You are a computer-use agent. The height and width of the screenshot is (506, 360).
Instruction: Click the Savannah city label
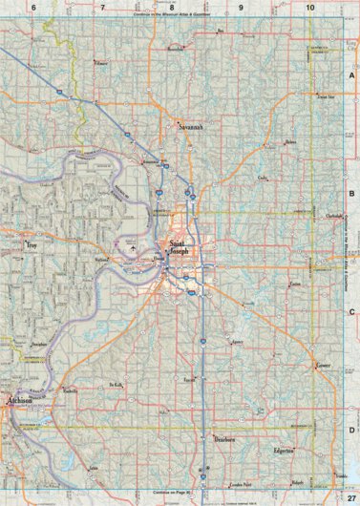coord(192,123)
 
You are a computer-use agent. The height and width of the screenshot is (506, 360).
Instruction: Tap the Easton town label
coord(294,284)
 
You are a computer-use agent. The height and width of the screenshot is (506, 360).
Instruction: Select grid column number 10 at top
coord(310,8)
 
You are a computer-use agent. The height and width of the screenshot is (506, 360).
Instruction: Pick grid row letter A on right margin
coord(351,74)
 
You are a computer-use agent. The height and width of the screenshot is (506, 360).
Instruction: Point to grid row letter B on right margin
coord(351,192)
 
